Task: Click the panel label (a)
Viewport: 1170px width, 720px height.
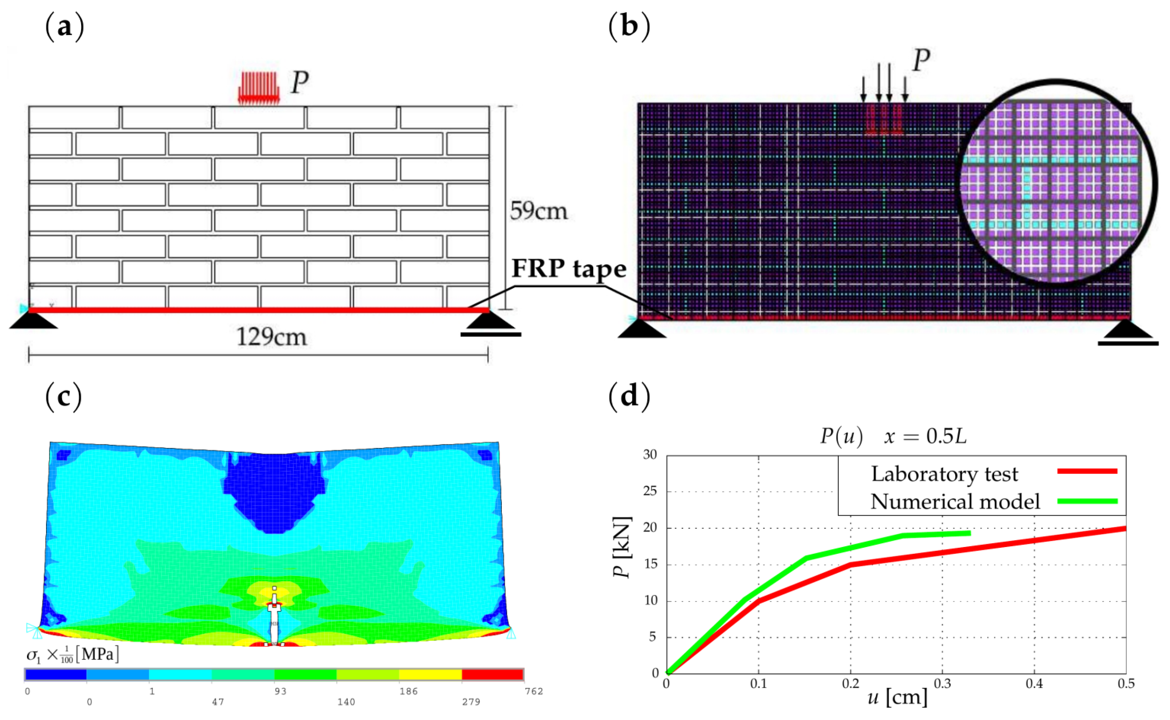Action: (x=64, y=27)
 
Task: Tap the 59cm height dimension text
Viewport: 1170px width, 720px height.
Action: (x=539, y=211)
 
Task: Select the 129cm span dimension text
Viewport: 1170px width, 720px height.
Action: (x=271, y=337)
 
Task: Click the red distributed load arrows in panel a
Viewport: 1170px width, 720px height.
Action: (x=258, y=88)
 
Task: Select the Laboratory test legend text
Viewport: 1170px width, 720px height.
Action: (x=944, y=474)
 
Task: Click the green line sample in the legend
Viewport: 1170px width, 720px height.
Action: (x=1087, y=501)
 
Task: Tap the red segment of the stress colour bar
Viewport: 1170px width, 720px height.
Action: (x=492, y=674)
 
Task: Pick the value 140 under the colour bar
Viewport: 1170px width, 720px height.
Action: (x=346, y=702)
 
